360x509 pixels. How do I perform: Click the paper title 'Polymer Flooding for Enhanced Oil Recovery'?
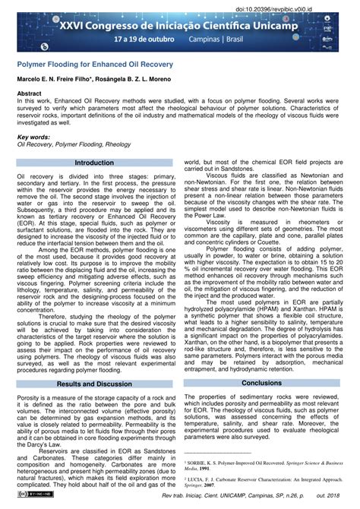pos(95,65)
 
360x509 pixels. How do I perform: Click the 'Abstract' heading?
pos(30,93)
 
